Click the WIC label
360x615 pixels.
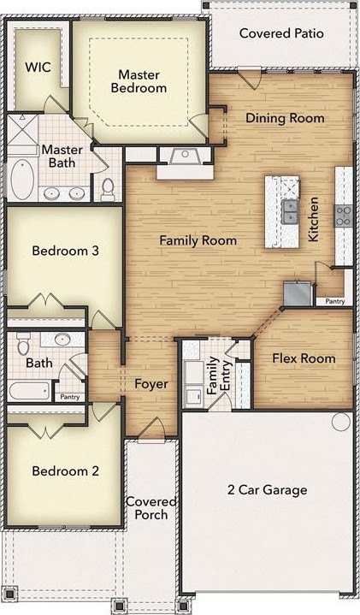tap(38, 67)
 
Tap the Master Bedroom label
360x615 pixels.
tap(139, 81)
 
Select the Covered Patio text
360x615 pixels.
tap(281, 33)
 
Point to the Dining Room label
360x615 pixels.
tap(285, 118)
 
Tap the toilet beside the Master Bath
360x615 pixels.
tap(107, 189)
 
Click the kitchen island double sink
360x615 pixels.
tap(290, 212)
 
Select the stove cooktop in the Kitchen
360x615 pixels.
tap(344, 216)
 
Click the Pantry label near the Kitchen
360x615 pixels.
tap(335, 301)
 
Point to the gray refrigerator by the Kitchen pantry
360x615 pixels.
tap(298, 293)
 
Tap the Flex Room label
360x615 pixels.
tap(304, 358)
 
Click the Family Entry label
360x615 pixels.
tap(219, 376)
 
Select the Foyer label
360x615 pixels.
tap(151, 384)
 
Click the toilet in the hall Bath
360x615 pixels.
tap(23, 344)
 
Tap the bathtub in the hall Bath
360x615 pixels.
tap(30, 390)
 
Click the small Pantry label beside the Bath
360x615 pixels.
tap(70, 397)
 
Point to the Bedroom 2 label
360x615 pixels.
tap(66, 470)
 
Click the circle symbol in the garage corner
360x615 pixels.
tap(341, 421)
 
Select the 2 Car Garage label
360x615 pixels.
tap(267, 490)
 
